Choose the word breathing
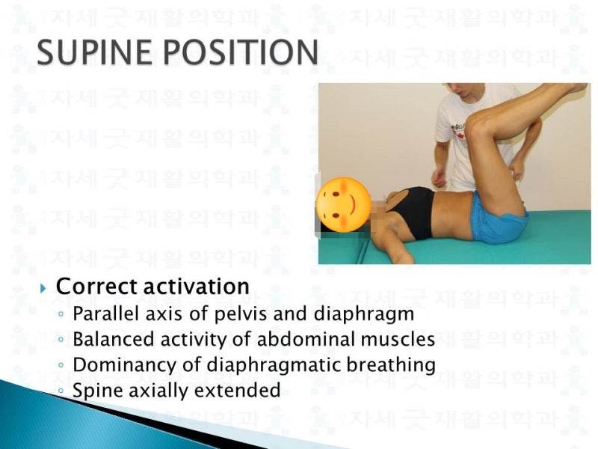(x=395, y=365)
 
